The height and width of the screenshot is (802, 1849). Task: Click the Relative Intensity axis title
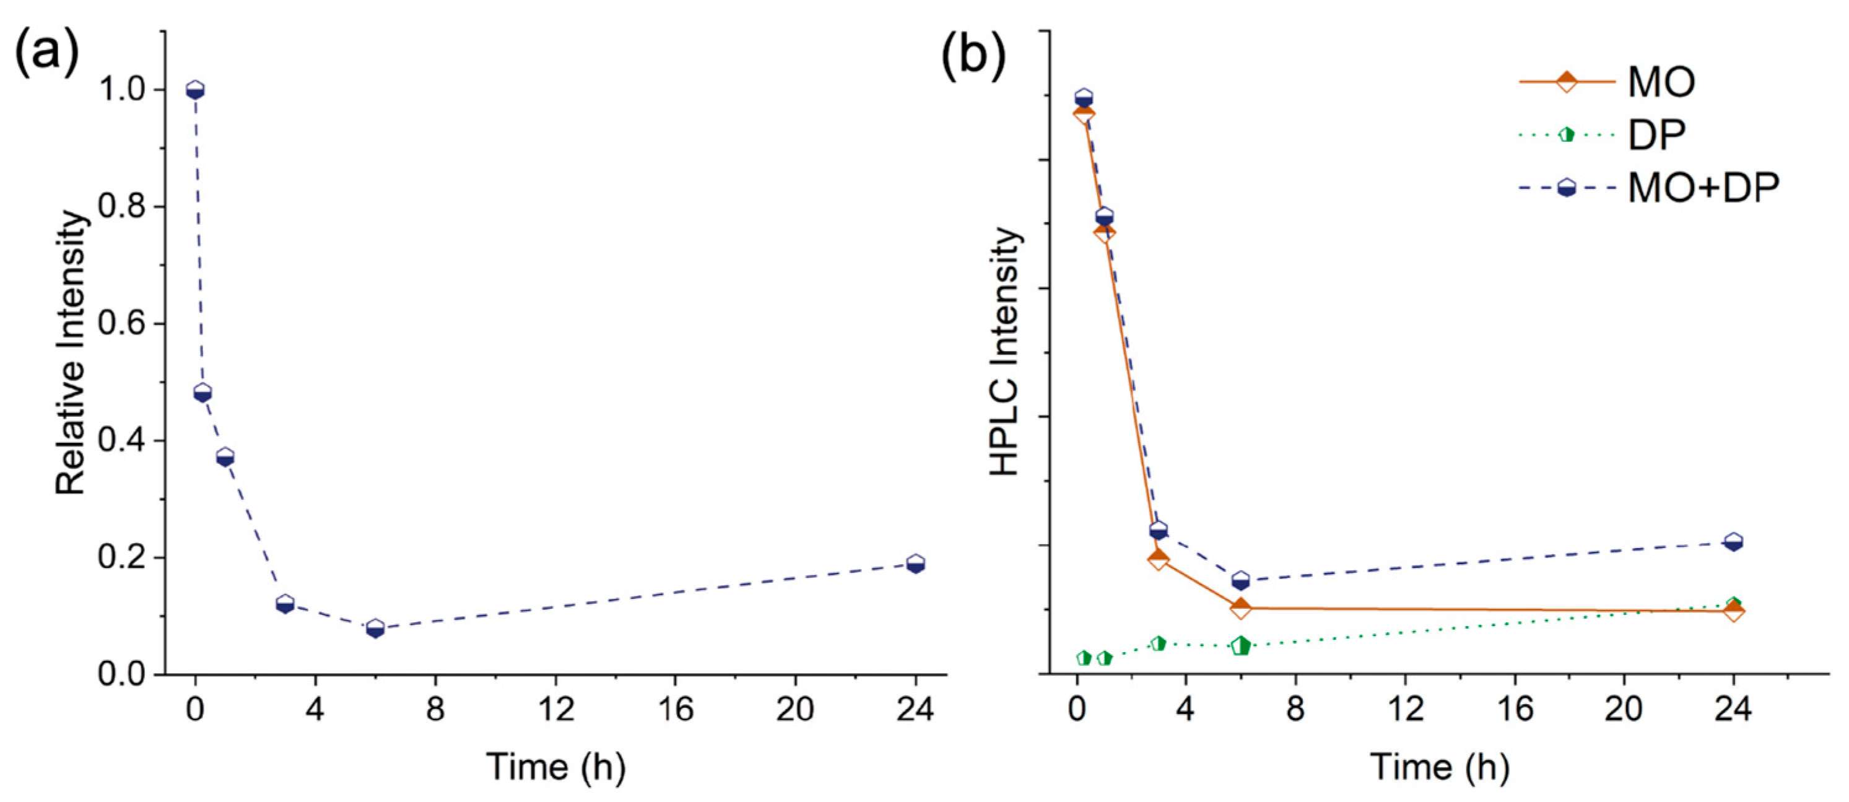pos(71,352)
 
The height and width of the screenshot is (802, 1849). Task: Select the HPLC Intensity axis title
pos(1005,352)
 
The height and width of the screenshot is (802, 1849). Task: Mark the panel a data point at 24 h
pos(915,564)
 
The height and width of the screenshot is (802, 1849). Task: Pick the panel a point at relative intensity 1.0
pos(194,90)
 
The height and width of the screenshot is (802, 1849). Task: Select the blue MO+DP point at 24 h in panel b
pos(1733,542)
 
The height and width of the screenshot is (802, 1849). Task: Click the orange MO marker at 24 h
pos(1733,611)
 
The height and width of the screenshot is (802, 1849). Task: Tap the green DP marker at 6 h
pos(1240,646)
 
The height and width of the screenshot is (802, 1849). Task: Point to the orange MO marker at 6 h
pos(1240,608)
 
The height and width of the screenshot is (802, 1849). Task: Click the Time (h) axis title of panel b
pos(1439,767)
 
